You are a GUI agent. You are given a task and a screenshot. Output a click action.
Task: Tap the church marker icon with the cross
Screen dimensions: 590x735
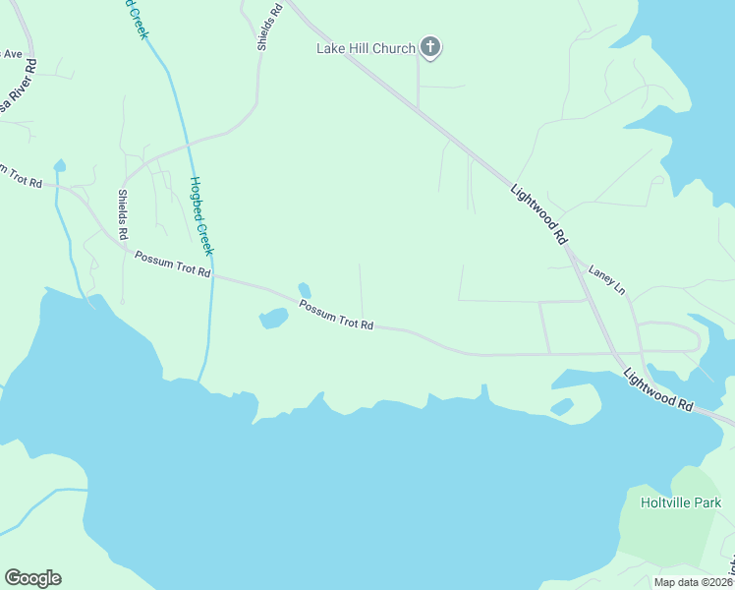click(x=429, y=46)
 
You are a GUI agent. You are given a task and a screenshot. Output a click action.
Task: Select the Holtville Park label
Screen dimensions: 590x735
click(x=681, y=502)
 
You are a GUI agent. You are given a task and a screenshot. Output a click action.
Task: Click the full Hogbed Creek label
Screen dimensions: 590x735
click(x=200, y=215)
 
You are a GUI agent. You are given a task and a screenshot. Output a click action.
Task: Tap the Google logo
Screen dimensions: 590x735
click(x=32, y=578)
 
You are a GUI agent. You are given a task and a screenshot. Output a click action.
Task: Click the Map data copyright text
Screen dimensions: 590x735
click(x=694, y=582)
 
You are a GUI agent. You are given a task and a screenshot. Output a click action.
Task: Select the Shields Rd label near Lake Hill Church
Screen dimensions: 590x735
click(x=270, y=26)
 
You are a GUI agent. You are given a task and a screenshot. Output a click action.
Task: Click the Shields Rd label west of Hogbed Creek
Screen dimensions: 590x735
click(x=123, y=215)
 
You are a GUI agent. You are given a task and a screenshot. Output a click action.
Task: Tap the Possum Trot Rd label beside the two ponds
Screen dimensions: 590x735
click(x=336, y=316)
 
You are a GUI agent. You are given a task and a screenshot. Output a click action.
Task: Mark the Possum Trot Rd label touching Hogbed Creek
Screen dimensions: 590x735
click(x=173, y=264)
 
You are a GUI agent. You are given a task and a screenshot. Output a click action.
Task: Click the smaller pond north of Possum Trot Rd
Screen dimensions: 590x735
click(x=305, y=290)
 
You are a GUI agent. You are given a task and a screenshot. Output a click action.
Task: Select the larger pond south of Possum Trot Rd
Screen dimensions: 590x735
click(x=272, y=319)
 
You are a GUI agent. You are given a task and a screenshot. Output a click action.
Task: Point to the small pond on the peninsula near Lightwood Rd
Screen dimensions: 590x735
click(x=561, y=406)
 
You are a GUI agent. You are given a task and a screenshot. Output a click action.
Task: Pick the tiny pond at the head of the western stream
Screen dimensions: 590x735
click(x=60, y=165)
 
